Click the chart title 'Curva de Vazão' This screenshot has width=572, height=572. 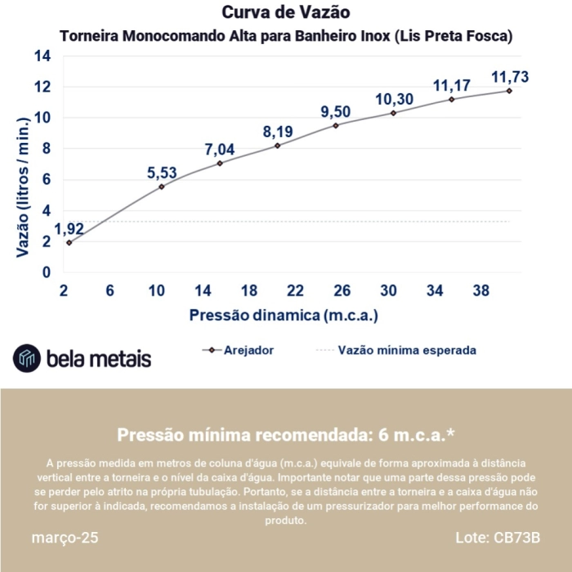tap(286, 13)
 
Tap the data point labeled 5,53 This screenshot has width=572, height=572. tap(162, 186)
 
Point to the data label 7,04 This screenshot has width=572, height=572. tap(219, 149)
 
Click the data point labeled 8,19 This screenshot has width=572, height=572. tap(277, 145)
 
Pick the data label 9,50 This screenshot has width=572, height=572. tap(335, 111)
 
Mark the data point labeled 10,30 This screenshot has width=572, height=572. tap(393, 113)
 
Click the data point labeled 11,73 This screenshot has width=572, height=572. tap(509, 91)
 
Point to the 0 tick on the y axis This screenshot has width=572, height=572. tap(47, 272)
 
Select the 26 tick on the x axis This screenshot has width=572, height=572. tap(342, 291)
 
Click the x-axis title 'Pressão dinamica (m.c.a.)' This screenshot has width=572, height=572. tap(284, 315)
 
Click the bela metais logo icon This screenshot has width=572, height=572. tap(27, 358)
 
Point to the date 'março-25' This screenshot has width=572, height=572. tap(65, 539)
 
